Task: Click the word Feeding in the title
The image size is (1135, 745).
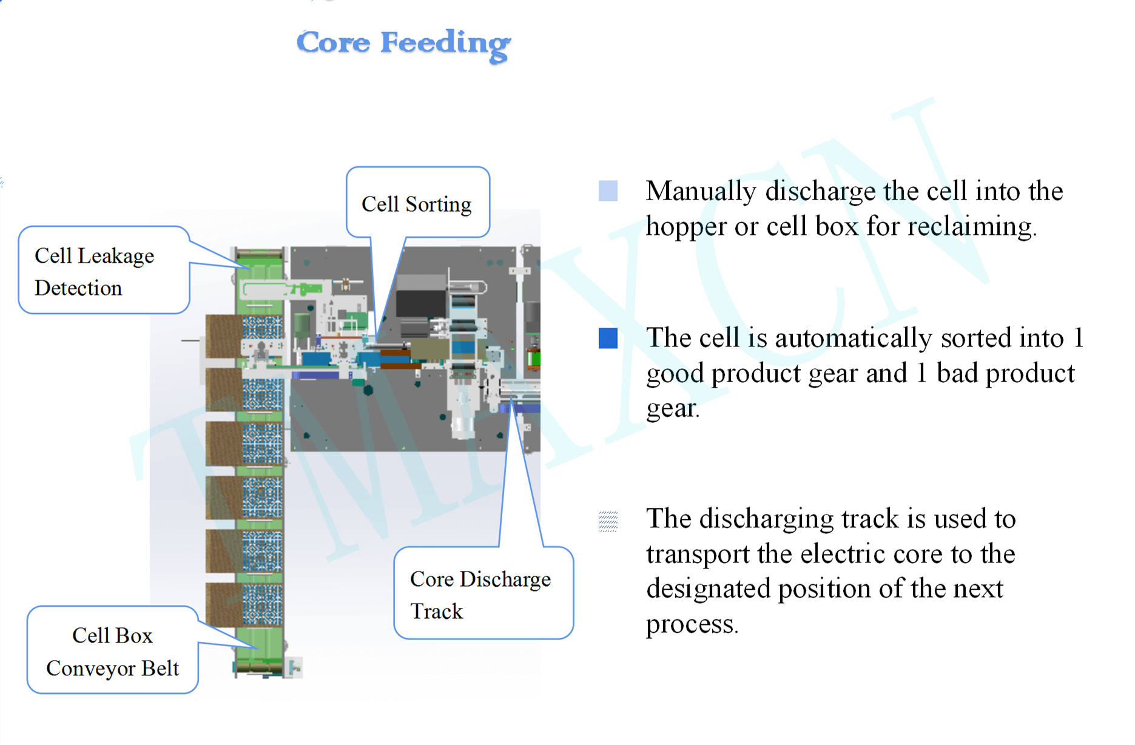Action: click(446, 44)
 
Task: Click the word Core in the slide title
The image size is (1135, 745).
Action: click(333, 42)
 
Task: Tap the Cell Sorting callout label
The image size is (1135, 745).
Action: click(416, 204)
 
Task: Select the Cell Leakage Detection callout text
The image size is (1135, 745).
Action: click(94, 272)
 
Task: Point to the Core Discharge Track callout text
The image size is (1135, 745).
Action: click(480, 595)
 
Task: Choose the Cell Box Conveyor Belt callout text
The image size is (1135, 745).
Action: click(112, 652)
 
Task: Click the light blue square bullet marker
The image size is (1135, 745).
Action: click(608, 190)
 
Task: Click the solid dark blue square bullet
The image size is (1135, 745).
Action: click(608, 338)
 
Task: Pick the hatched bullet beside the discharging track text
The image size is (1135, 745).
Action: click(608, 521)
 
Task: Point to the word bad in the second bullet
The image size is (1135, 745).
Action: click(957, 373)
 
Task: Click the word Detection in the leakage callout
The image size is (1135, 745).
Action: click(78, 288)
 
